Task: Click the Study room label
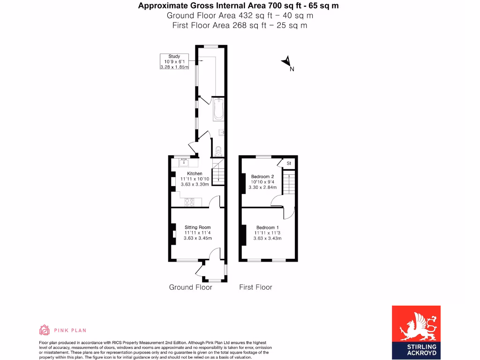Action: click(x=174, y=57)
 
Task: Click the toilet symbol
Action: click(x=218, y=151)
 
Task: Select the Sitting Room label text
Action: click(x=197, y=227)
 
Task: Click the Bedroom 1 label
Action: click(x=267, y=227)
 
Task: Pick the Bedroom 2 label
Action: click(x=262, y=177)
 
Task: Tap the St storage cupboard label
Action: click(x=289, y=163)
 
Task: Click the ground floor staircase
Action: click(x=218, y=172)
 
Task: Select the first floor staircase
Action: click(x=290, y=183)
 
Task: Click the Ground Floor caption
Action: click(x=190, y=287)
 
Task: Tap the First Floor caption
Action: click(x=255, y=287)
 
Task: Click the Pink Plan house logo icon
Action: click(x=44, y=330)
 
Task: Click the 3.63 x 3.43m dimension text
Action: click(x=267, y=238)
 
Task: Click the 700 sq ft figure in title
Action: click(x=282, y=6)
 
